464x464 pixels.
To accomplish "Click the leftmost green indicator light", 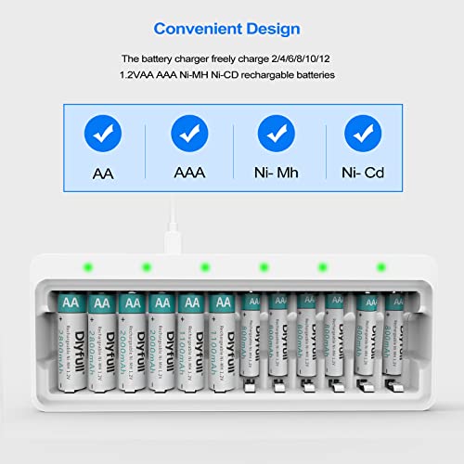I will point(86,267).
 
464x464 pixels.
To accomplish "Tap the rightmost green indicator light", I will point(380,267).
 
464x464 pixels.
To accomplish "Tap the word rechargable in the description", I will point(283,73).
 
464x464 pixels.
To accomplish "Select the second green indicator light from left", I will point(146,267).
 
